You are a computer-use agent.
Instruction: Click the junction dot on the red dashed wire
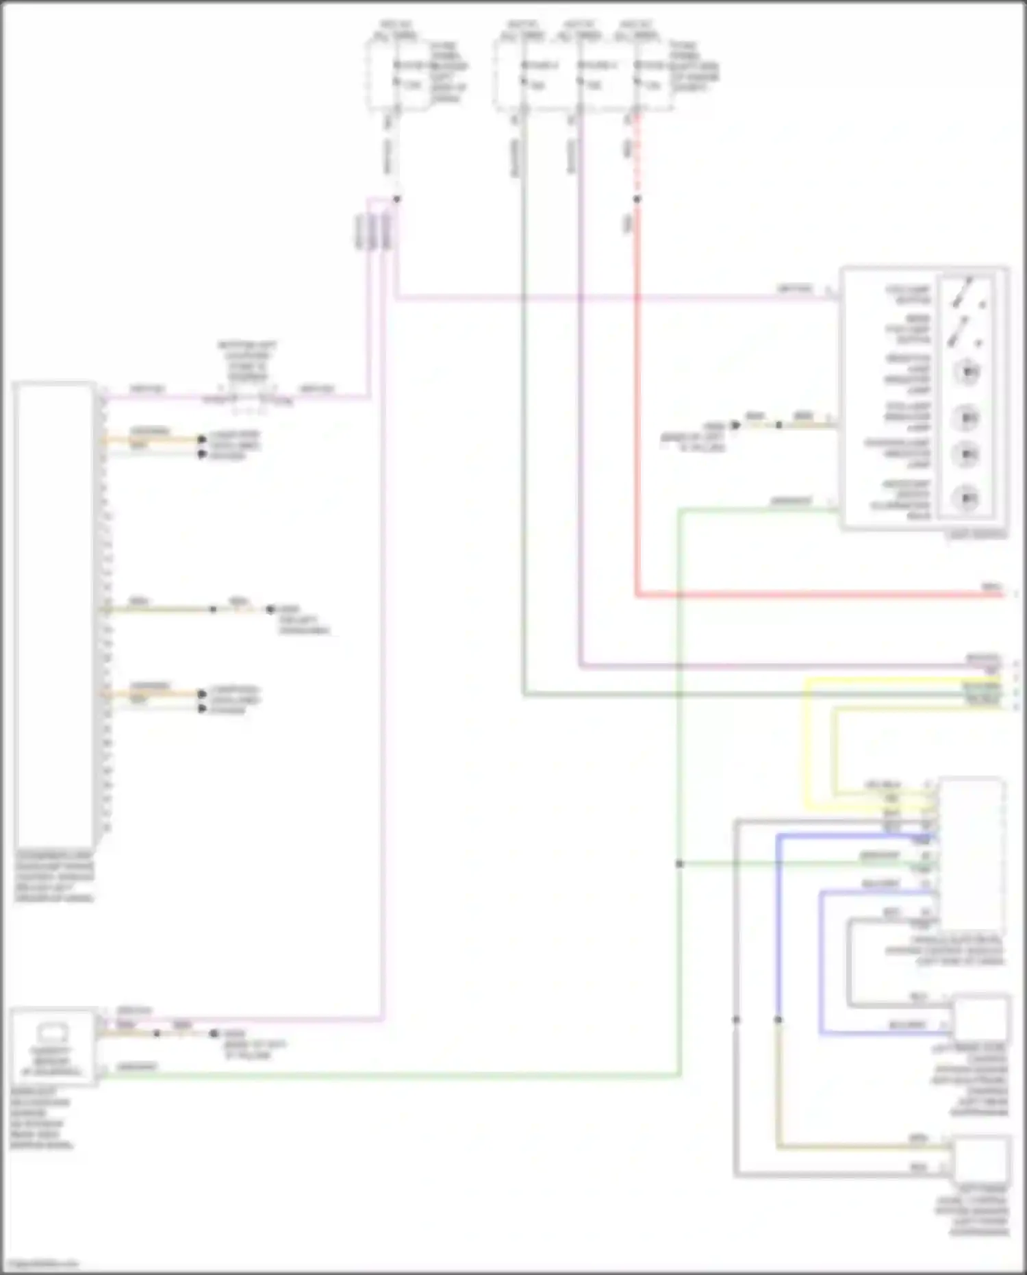(x=637, y=199)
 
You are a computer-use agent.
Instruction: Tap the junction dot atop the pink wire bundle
(x=396, y=199)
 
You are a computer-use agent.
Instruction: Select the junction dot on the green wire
(x=679, y=864)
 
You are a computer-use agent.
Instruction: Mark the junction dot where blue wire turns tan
(x=778, y=1019)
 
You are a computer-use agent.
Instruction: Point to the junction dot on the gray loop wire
(x=736, y=1019)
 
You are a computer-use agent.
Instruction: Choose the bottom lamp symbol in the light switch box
(x=967, y=498)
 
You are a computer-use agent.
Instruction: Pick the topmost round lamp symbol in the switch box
(x=967, y=372)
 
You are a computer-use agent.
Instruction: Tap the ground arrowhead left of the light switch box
(x=736, y=425)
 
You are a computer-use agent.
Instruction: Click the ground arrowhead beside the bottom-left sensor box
(x=214, y=1033)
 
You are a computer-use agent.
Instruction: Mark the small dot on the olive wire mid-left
(x=213, y=609)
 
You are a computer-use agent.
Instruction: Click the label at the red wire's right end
(x=991, y=587)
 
